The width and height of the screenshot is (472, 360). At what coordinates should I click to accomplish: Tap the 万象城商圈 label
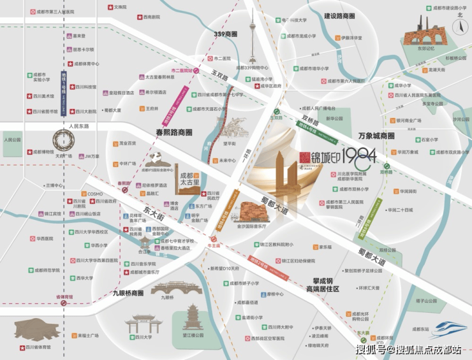[x=376, y=136]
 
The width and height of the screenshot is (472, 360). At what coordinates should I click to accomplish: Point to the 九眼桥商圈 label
[x=128, y=293]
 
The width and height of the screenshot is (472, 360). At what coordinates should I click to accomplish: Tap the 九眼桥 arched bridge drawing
[x=167, y=287]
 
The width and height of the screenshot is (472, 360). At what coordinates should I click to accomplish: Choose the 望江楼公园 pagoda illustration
[x=190, y=318]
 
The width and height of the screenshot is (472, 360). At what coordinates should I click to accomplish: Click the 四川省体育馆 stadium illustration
[x=39, y=328]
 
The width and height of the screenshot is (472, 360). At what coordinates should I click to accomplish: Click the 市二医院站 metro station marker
[x=196, y=71]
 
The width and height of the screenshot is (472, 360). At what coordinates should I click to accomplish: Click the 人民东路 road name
[x=80, y=126]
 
